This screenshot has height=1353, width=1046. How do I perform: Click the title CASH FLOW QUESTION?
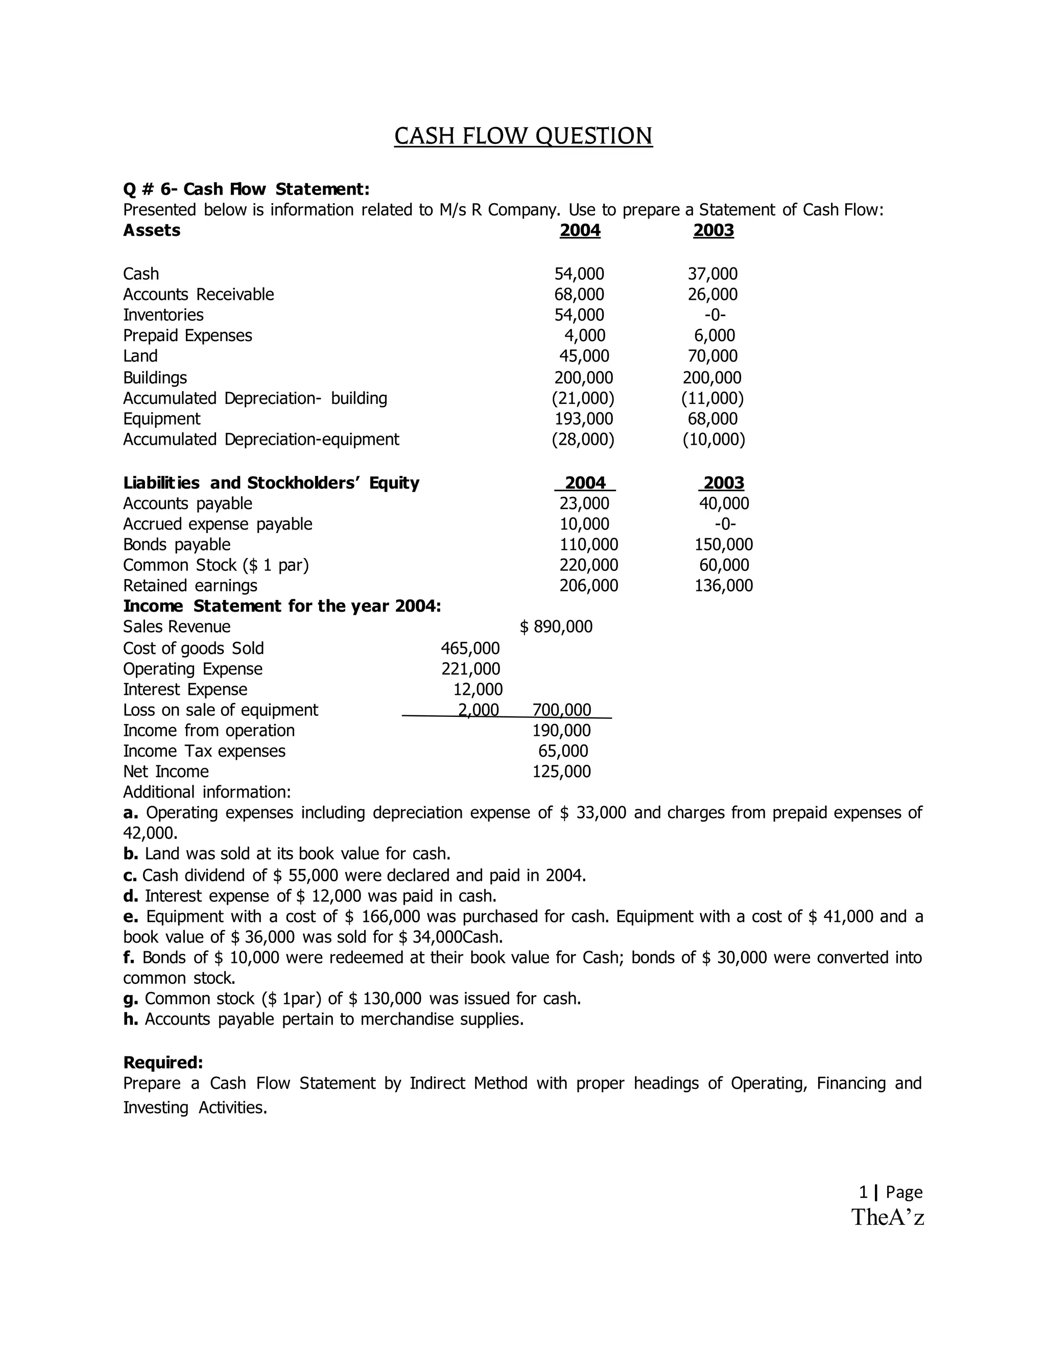[x=523, y=136]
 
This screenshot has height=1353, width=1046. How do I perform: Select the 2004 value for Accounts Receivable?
[x=579, y=294]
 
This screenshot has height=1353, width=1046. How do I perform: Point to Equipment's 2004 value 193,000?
[x=583, y=419]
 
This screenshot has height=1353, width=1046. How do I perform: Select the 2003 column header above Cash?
[x=713, y=230]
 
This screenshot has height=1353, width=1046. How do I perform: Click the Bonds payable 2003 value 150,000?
[x=723, y=545]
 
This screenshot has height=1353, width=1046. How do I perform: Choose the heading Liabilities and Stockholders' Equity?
[x=271, y=482]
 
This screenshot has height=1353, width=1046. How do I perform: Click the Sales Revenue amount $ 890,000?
[x=556, y=627]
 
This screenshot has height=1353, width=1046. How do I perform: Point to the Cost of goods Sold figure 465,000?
[x=470, y=648]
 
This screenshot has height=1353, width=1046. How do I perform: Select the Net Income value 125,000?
[x=561, y=772]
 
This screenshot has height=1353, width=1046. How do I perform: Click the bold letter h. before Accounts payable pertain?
[x=130, y=1020]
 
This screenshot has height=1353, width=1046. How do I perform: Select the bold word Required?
[x=163, y=1063]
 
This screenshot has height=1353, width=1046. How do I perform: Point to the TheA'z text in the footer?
[x=887, y=1217]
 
